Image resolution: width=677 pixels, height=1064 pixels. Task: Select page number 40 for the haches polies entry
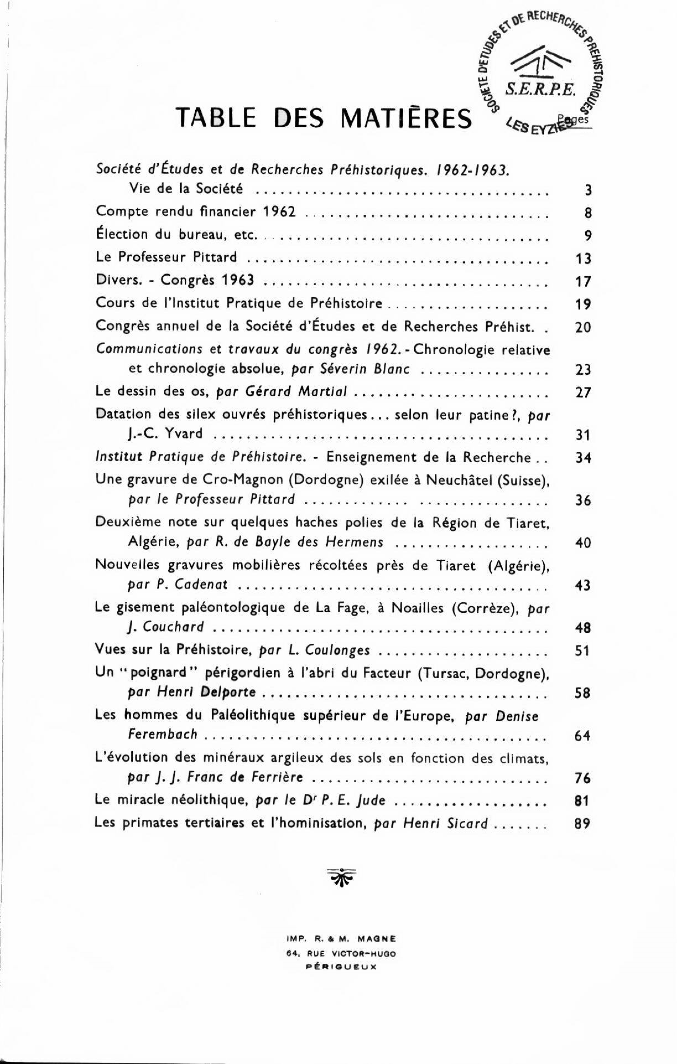[x=583, y=543]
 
